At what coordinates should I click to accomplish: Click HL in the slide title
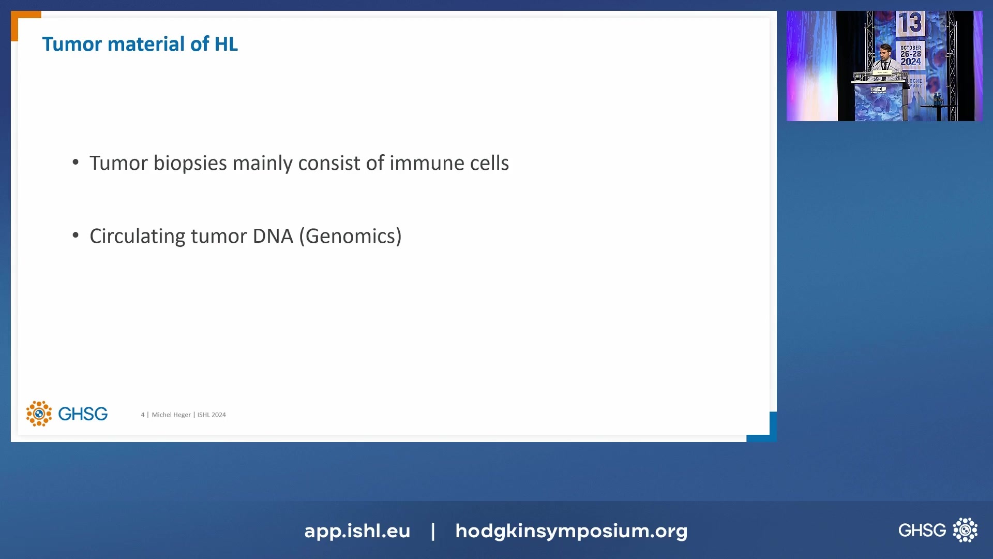pos(226,44)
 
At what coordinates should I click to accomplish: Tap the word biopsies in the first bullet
pos(190,163)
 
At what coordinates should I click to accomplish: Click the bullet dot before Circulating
pos(76,236)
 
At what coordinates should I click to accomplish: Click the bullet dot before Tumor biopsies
pos(76,163)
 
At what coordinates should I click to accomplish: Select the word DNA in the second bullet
pos(273,236)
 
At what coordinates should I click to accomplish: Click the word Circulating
pos(137,236)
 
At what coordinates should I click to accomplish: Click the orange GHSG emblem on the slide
pos(39,414)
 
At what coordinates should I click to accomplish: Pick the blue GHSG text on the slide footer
pos(83,414)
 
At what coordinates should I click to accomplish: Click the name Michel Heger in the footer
pos(171,415)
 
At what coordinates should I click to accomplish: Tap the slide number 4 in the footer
pos(143,415)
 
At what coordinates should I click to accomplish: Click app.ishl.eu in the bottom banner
pos(357,531)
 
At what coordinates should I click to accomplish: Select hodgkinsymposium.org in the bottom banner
pos(571,531)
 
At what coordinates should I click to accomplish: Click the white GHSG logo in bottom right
pos(937,530)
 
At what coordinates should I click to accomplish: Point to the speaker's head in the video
pos(885,51)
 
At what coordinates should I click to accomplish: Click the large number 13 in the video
pos(910,23)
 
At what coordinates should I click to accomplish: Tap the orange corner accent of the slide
pos(21,21)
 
